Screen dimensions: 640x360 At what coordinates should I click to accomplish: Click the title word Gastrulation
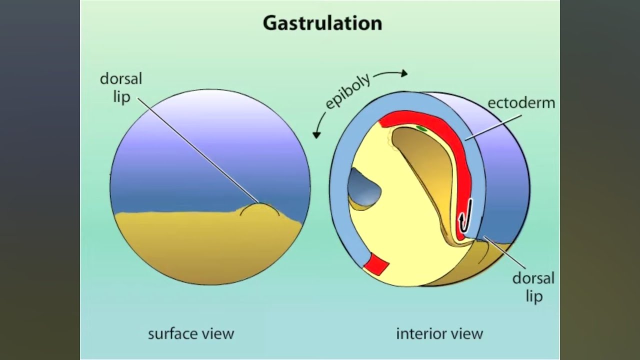322,23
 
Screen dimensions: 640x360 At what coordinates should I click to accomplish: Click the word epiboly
347,91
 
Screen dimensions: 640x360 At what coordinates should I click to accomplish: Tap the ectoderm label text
521,103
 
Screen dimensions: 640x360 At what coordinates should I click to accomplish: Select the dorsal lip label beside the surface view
121,87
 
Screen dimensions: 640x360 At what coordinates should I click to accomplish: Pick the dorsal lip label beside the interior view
533,287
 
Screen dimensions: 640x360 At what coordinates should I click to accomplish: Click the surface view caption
191,333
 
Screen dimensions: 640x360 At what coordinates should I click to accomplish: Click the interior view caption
439,333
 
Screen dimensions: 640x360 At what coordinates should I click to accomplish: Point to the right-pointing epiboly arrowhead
404,73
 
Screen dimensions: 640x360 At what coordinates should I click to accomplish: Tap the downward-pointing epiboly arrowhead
316,135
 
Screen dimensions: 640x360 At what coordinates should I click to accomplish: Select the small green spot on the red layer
421,128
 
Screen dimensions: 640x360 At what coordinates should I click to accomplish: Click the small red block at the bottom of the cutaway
376,264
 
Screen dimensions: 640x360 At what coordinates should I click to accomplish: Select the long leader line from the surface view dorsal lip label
198,150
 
